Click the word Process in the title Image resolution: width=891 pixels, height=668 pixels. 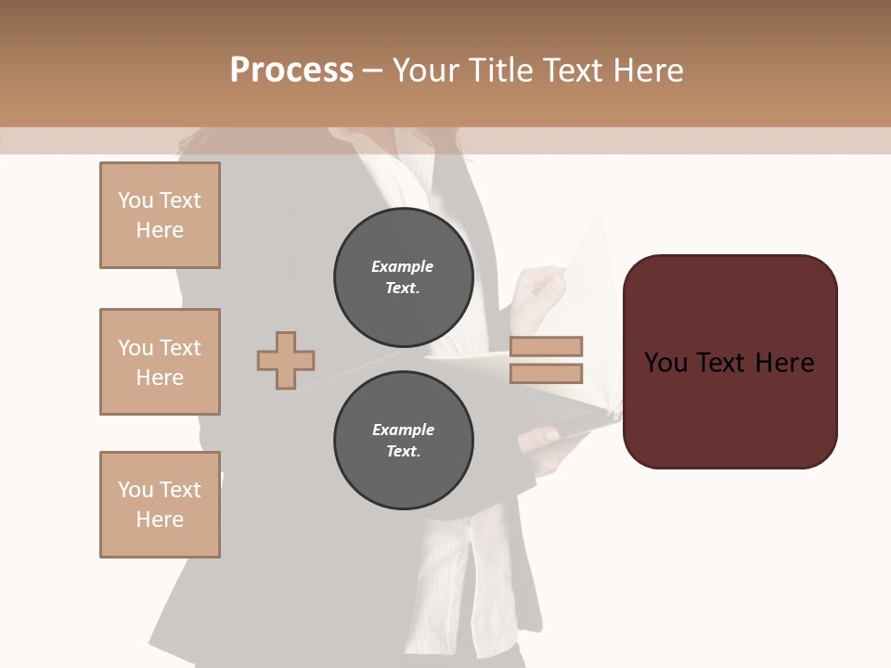291,70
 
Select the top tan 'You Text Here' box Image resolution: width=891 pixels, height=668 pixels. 160,215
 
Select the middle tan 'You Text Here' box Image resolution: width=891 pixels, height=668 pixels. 160,362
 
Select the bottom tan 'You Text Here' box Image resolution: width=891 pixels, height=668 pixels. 160,505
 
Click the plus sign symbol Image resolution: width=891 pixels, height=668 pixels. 286,360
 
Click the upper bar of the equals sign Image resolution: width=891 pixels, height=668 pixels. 547,346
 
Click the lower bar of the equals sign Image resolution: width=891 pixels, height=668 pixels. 547,373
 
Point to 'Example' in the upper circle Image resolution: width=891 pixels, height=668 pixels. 403,266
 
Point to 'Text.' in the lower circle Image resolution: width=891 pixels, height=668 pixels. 403,452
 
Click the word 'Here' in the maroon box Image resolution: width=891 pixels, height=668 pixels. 784,363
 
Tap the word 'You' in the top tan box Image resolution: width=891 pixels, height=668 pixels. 136,200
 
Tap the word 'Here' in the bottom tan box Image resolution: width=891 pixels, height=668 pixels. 160,520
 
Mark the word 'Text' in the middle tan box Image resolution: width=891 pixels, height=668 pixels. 179,348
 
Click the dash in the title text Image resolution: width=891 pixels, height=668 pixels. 373,71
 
